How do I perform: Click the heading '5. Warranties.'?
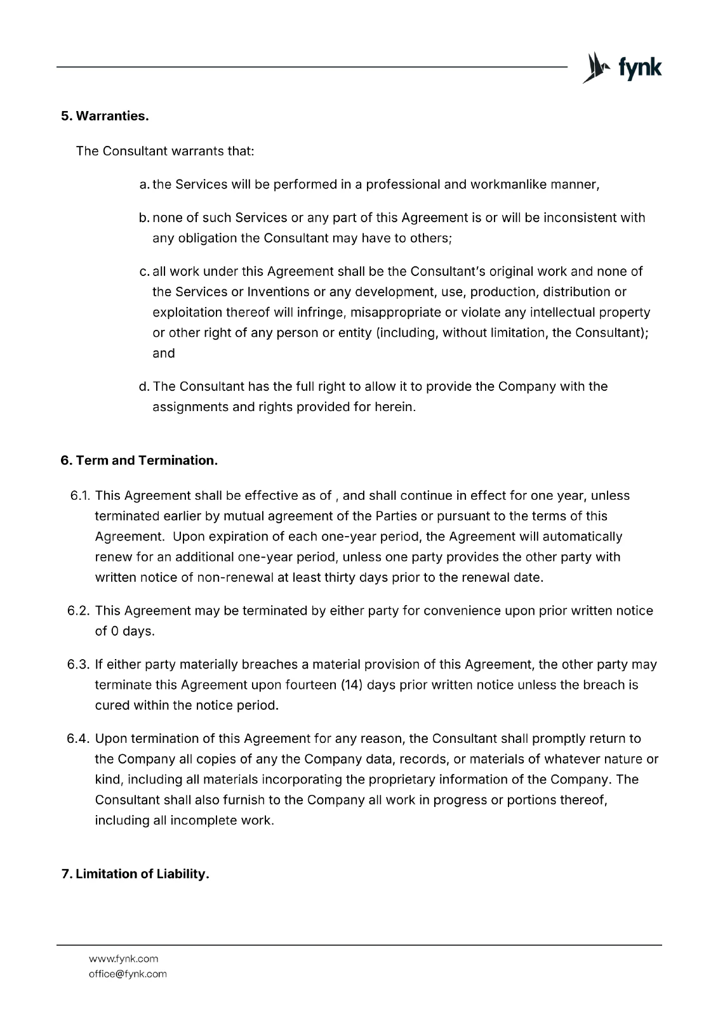pyautogui.click(x=104, y=116)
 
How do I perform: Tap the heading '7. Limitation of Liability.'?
pyautogui.click(x=135, y=874)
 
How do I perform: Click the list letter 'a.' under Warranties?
pyautogui.click(x=144, y=185)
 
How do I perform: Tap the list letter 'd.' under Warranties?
pyautogui.click(x=144, y=386)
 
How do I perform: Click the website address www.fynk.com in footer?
pyautogui.click(x=123, y=959)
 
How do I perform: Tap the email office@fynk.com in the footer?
pyautogui.click(x=128, y=974)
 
